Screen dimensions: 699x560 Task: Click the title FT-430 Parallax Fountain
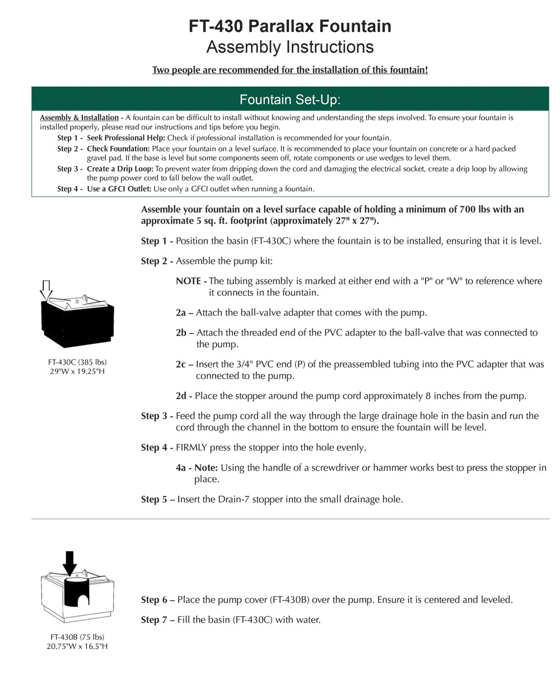tap(290, 26)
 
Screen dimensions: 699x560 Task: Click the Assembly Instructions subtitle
tap(290, 47)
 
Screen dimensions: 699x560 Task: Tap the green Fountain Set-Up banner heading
tap(290, 100)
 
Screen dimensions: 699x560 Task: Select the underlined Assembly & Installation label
tap(79, 118)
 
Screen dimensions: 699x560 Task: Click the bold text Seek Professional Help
tap(125, 138)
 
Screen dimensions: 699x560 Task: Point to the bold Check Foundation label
tap(118, 149)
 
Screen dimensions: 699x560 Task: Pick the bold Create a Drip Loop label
tap(120, 169)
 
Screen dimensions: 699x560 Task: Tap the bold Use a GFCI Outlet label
tap(119, 189)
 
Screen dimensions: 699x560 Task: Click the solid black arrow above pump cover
tap(69, 562)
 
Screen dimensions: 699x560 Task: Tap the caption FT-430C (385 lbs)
tap(77, 362)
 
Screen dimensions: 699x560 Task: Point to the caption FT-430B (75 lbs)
tap(77, 637)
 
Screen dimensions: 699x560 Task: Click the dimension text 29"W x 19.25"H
tap(77, 371)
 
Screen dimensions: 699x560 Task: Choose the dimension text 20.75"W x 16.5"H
tap(77, 646)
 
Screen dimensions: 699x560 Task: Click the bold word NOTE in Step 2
tap(189, 281)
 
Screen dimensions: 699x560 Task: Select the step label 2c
tap(181, 365)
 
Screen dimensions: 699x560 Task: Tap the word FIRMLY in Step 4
tap(191, 448)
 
